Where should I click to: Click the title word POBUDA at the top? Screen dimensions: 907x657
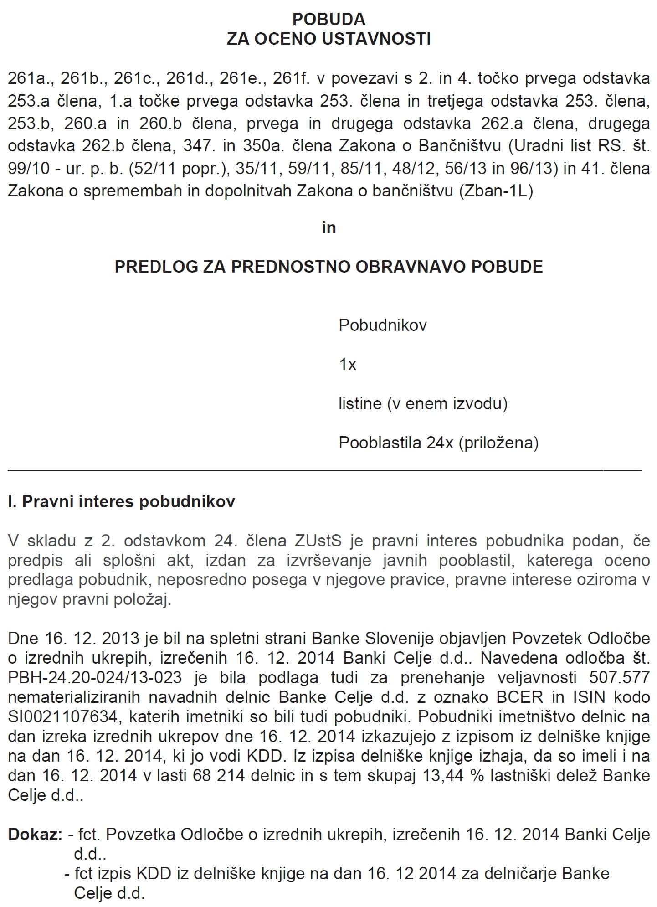coord(328,19)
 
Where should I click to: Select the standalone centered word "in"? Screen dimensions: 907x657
coord(328,227)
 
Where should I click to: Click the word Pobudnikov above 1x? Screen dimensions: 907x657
coord(382,325)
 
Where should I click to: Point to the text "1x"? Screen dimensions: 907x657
coord(347,365)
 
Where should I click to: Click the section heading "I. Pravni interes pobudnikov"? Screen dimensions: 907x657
coord(122,502)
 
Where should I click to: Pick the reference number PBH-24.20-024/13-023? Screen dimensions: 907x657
coord(95,677)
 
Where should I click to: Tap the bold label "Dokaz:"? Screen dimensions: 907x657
coord(35,835)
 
